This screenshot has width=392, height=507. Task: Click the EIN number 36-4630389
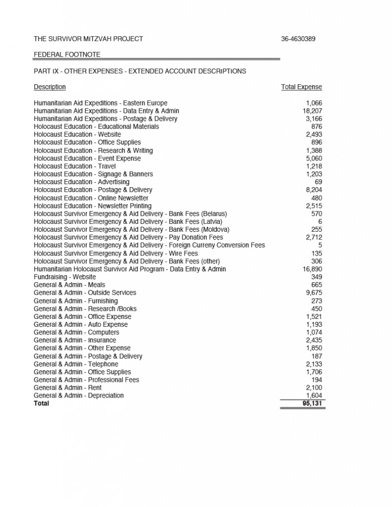coord(298,39)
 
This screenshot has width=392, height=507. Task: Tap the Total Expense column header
coord(301,87)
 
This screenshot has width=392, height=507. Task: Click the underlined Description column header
coord(50,87)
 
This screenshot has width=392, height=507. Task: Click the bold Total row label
coord(42,404)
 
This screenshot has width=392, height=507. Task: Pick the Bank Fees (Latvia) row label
coord(128,222)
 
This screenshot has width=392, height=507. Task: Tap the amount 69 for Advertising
coord(318,182)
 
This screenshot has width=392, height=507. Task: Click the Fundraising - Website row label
coord(65,277)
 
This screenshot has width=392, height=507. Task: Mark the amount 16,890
coord(312,269)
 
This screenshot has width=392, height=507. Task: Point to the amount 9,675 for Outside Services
coord(314,293)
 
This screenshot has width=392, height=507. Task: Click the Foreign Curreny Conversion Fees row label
coord(149,246)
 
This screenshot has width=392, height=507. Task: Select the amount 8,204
coord(314,190)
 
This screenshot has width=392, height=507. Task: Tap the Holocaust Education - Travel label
coord(75,166)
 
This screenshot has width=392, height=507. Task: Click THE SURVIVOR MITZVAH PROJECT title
coord(88,39)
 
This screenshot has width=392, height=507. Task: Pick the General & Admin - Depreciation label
coord(79,396)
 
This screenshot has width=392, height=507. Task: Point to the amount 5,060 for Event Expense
coord(314,158)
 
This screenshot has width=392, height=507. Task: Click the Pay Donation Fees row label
coord(128,238)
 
